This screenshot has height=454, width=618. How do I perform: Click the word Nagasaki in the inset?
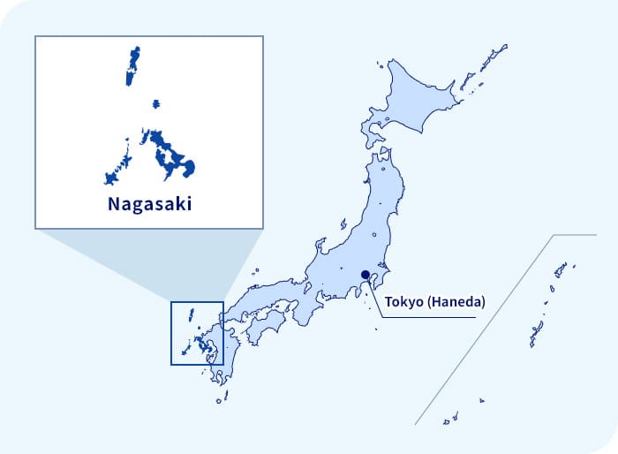(148, 205)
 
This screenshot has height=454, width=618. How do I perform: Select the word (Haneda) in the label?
(456, 302)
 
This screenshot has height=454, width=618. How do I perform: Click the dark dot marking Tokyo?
(366, 274)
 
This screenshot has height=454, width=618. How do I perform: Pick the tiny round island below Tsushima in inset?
(155, 104)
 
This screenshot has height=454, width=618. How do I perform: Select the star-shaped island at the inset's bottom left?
(111, 178)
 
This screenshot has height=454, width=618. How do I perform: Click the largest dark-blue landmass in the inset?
(173, 154)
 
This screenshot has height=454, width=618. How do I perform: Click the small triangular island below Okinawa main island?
(482, 400)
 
